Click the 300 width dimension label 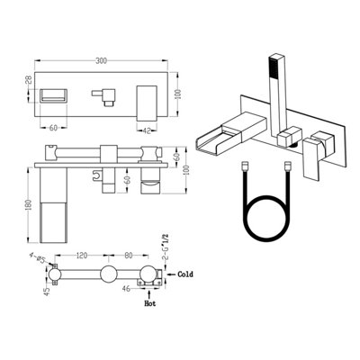(x=102, y=61)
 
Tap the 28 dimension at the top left (x=28, y=80)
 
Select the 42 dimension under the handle (x=147, y=130)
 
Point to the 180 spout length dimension (x=28, y=205)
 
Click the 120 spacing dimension (x=82, y=256)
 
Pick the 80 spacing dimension (x=129, y=256)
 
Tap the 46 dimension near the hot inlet (x=127, y=289)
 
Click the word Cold (x=185, y=274)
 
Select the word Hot (x=150, y=303)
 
